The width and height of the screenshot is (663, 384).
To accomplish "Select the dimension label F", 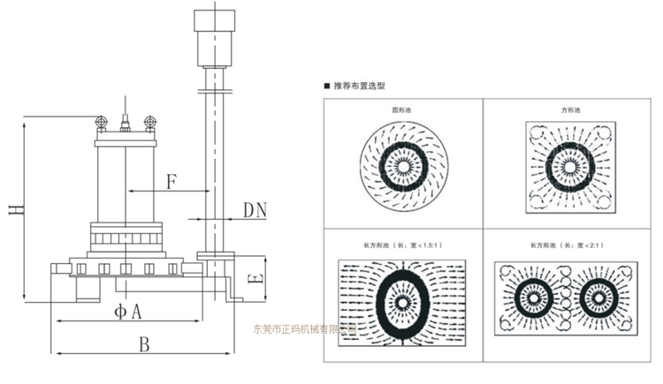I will (x=172, y=182).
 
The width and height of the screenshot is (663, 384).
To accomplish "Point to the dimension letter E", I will (x=255, y=282).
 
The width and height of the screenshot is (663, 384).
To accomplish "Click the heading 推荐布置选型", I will (x=360, y=86).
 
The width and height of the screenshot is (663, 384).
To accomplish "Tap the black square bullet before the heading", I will (x=327, y=86).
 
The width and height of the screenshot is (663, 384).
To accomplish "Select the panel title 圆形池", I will (x=403, y=111).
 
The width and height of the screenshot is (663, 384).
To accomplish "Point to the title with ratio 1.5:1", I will (x=404, y=245).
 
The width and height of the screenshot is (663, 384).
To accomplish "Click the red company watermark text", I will (x=304, y=328).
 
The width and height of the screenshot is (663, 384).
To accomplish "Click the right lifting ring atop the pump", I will (x=149, y=121).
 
